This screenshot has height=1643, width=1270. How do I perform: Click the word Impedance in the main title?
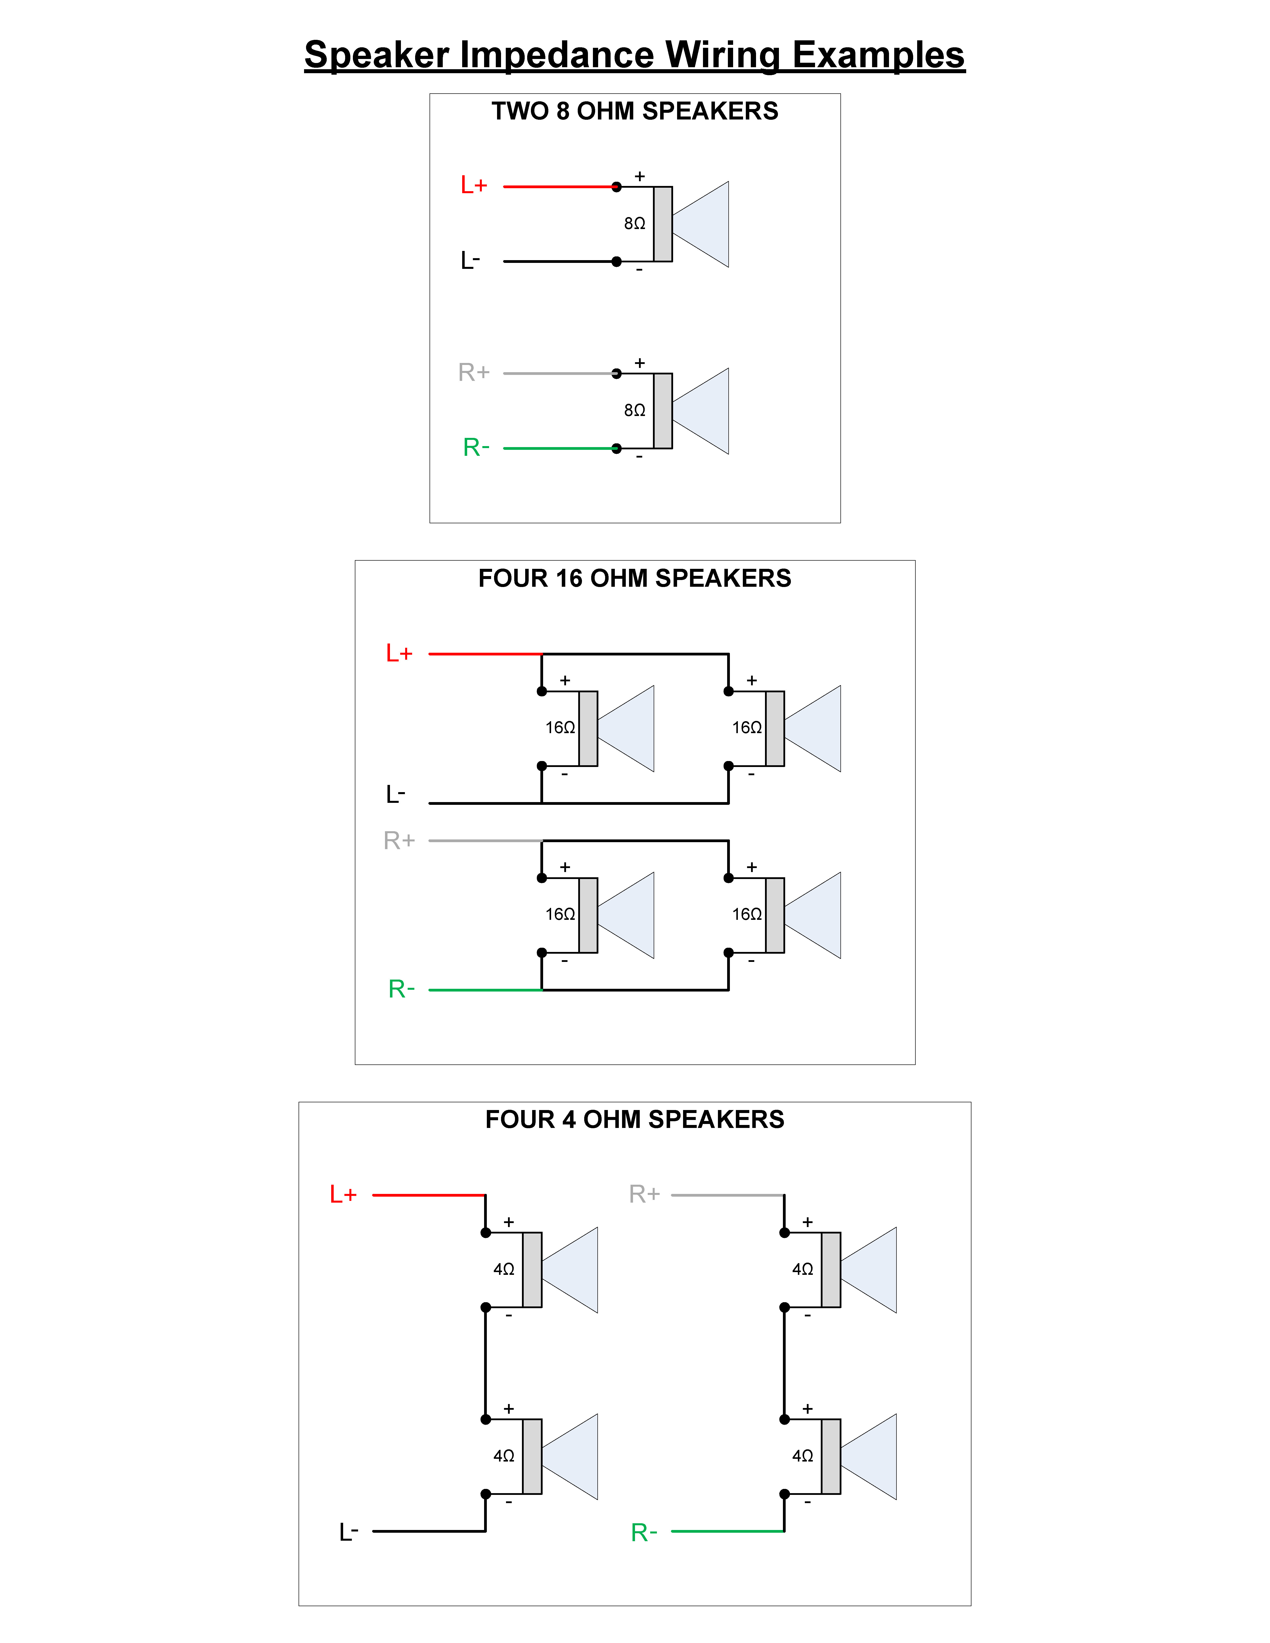[x=557, y=55]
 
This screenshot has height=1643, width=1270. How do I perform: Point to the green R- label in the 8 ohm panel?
[x=475, y=448]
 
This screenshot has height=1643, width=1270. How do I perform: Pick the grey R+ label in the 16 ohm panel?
[x=399, y=840]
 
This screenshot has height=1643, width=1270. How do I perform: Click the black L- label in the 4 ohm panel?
[x=348, y=1532]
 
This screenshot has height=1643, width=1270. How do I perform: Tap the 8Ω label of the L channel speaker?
[x=634, y=224]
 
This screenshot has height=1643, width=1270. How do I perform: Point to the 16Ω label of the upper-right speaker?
[x=746, y=727]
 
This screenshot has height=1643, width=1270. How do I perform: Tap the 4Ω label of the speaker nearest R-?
[x=802, y=1456]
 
